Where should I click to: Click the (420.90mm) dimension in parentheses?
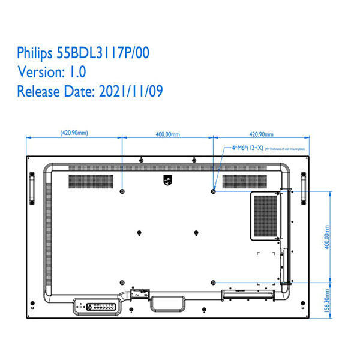click(74, 134)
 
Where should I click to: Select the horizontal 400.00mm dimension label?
click(168, 134)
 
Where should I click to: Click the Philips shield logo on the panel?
click(167, 179)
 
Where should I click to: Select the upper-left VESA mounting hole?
click(122, 191)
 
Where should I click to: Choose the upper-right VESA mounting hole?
click(214, 191)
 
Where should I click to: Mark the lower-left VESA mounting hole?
click(122, 282)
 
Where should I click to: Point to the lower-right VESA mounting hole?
click(214, 282)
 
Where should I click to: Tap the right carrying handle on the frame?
click(304, 186)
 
